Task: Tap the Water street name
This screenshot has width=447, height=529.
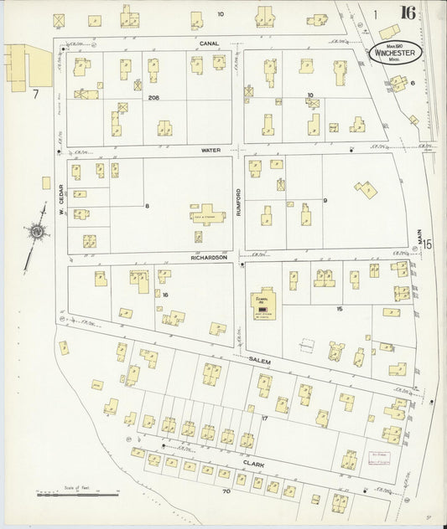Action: point(210,150)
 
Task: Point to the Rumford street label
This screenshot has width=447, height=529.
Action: point(238,202)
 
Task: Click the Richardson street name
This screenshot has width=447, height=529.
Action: point(210,258)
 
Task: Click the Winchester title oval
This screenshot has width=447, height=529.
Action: point(392,52)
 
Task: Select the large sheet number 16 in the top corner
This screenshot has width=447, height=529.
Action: point(408,13)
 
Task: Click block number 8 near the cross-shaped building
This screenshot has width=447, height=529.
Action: point(146,205)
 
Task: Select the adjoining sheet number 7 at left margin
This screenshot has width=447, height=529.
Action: point(36,94)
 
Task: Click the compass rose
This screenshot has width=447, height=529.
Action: point(38,232)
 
